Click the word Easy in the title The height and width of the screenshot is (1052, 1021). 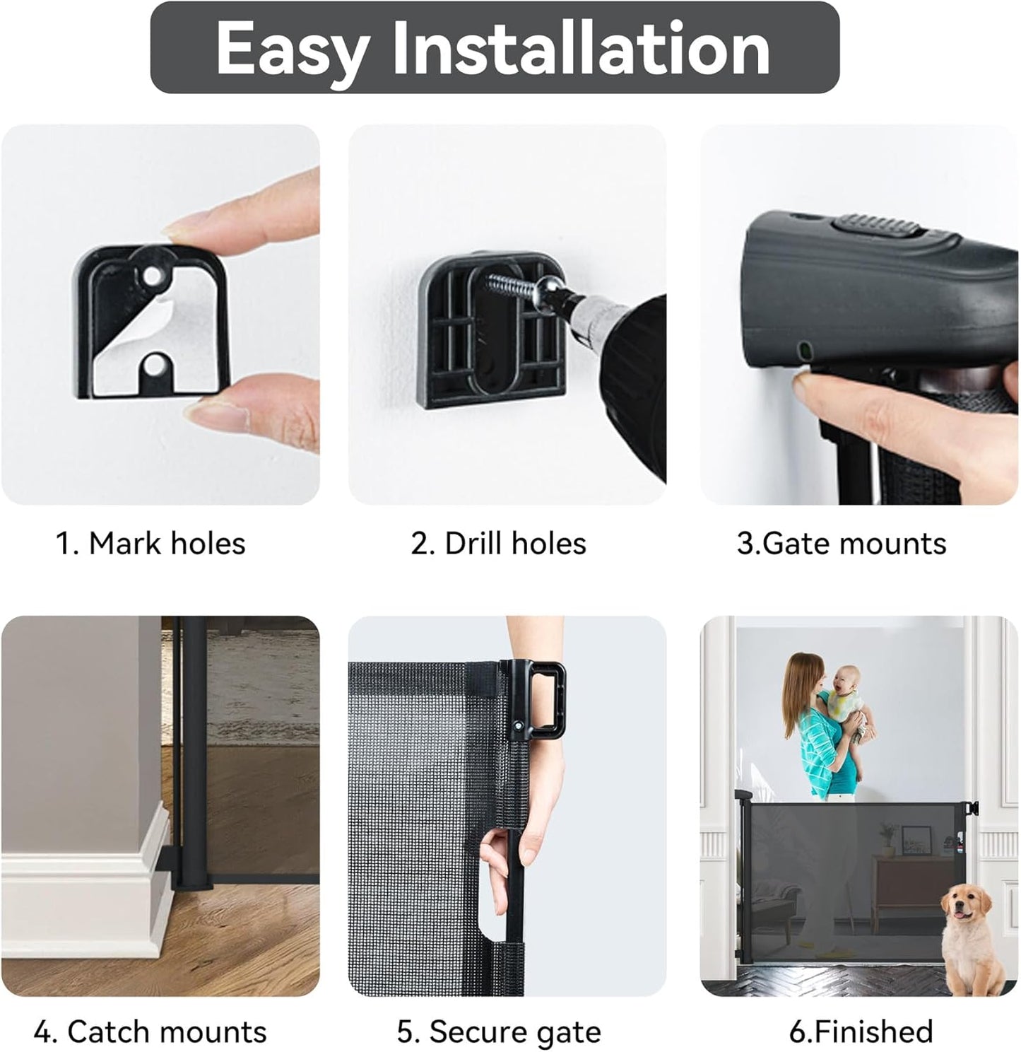click(293, 49)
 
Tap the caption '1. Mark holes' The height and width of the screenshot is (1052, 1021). click(151, 543)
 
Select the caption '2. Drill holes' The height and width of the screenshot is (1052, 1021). click(498, 543)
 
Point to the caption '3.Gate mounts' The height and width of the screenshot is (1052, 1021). click(842, 543)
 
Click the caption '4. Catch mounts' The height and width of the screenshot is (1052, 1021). click(151, 1031)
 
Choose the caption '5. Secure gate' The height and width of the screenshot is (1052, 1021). click(499, 1031)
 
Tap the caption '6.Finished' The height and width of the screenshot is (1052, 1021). click(861, 1031)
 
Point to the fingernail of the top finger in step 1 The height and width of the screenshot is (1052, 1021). click(184, 223)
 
